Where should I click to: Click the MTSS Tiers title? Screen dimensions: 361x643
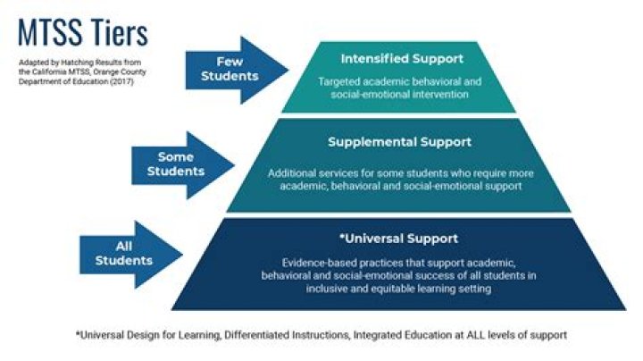(82, 33)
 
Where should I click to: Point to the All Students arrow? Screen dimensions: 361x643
(129, 254)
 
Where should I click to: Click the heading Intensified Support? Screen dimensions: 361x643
(402, 59)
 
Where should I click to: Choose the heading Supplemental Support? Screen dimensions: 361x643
(399, 142)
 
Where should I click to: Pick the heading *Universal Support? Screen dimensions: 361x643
(398, 239)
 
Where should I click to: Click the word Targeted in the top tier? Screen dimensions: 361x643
(342, 81)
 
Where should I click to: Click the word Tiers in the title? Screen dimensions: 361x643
(120, 33)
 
